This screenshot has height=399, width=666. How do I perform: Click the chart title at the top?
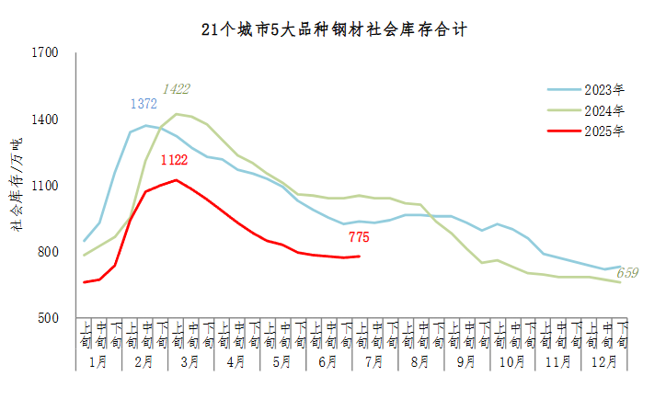[x=333, y=29]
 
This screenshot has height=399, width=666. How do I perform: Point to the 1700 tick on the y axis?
[x=45, y=53]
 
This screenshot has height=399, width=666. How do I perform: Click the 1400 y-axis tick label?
[x=45, y=120]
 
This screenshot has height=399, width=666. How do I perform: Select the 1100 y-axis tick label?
[x=45, y=186]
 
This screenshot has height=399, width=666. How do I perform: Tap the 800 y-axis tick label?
[x=48, y=252]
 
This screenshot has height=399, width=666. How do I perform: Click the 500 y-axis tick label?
[x=48, y=318]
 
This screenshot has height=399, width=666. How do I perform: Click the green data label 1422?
[x=176, y=89]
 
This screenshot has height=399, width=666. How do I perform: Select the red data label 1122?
[x=175, y=161]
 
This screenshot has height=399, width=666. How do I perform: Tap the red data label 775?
[x=359, y=237]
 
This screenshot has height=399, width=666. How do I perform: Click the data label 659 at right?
[x=627, y=273]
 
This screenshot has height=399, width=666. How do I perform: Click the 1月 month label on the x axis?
[x=98, y=361]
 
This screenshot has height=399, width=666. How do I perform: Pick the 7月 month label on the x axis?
[x=374, y=361]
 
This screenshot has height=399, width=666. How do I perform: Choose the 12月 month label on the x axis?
[x=604, y=361]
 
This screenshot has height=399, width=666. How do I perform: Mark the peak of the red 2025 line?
[x=176, y=180]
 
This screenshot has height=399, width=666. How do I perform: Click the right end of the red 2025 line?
[x=359, y=256]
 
